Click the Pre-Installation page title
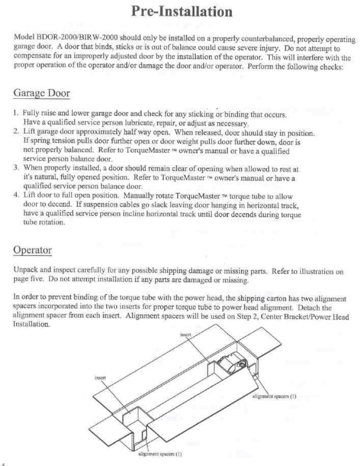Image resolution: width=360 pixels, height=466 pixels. (x=182, y=12)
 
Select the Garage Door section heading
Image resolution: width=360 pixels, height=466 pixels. (x=41, y=93)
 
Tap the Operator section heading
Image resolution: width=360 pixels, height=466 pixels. (x=33, y=250)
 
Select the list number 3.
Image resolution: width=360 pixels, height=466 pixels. (x=16, y=168)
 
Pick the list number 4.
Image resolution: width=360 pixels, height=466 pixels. (x=16, y=195)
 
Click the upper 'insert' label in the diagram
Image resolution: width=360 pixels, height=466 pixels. (x=185, y=334)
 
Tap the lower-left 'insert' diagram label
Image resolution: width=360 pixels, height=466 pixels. (x=100, y=377)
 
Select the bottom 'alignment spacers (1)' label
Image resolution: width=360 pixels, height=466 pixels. (x=160, y=454)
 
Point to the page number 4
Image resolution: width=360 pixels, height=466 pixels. (x=3, y=463)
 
